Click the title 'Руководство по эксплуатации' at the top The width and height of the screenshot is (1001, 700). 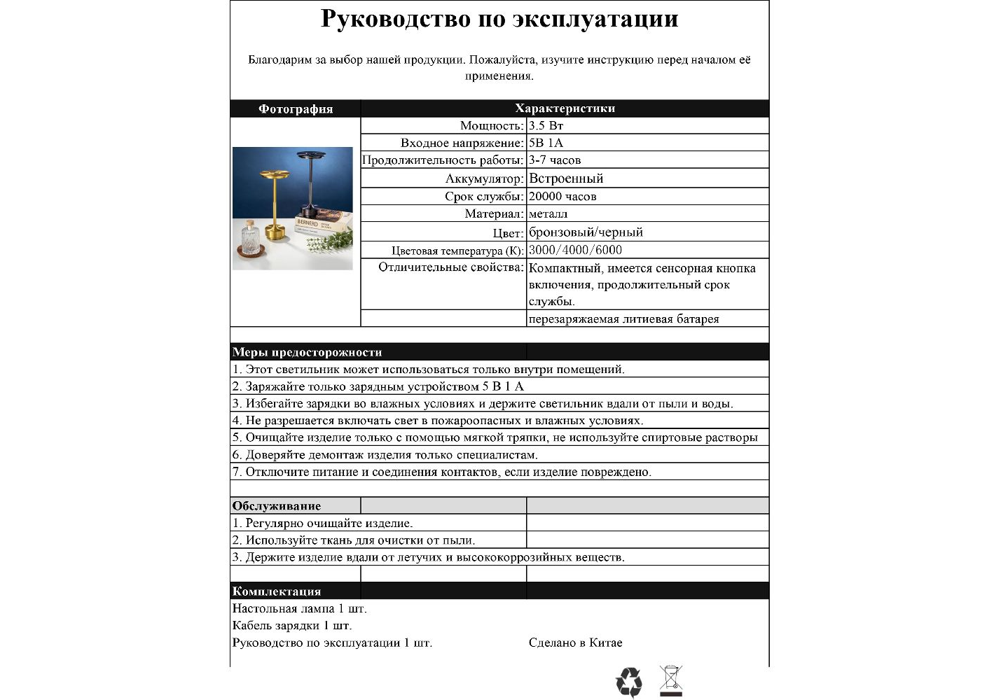pyautogui.click(x=499, y=19)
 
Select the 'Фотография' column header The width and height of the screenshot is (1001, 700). pyautogui.click(x=296, y=108)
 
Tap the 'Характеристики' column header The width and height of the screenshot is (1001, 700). pyautogui.click(x=565, y=108)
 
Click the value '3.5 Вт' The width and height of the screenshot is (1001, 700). pyautogui.click(x=546, y=126)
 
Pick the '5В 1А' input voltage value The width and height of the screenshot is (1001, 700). pyautogui.click(x=546, y=143)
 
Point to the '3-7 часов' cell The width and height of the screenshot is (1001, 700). pyautogui.click(x=555, y=160)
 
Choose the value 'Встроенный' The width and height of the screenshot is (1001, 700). pyautogui.click(x=566, y=178)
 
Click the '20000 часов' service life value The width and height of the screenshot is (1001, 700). pyautogui.click(x=562, y=197)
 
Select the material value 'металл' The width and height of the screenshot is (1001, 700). pyautogui.click(x=548, y=213)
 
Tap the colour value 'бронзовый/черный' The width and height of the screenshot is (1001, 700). pyautogui.click(x=586, y=232)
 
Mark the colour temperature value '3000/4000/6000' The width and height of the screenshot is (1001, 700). pyautogui.click(x=575, y=250)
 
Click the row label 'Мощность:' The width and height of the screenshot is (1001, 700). pyautogui.click(x=492, y=126)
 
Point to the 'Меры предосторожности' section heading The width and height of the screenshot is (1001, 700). pyautogui.click(x=307, y=352)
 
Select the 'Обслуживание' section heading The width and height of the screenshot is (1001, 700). pyautogui.click(x=277, y=506)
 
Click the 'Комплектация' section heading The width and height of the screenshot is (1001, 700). pyautogui.click(x=277, y=591)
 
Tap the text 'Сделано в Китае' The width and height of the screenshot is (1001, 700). pyautogui.click(x=575, y=643)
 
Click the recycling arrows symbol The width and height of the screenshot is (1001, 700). pyautogui.click(x=628, y=682)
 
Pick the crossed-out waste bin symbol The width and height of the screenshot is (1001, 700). pyautogui.click(x=670, y=680)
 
